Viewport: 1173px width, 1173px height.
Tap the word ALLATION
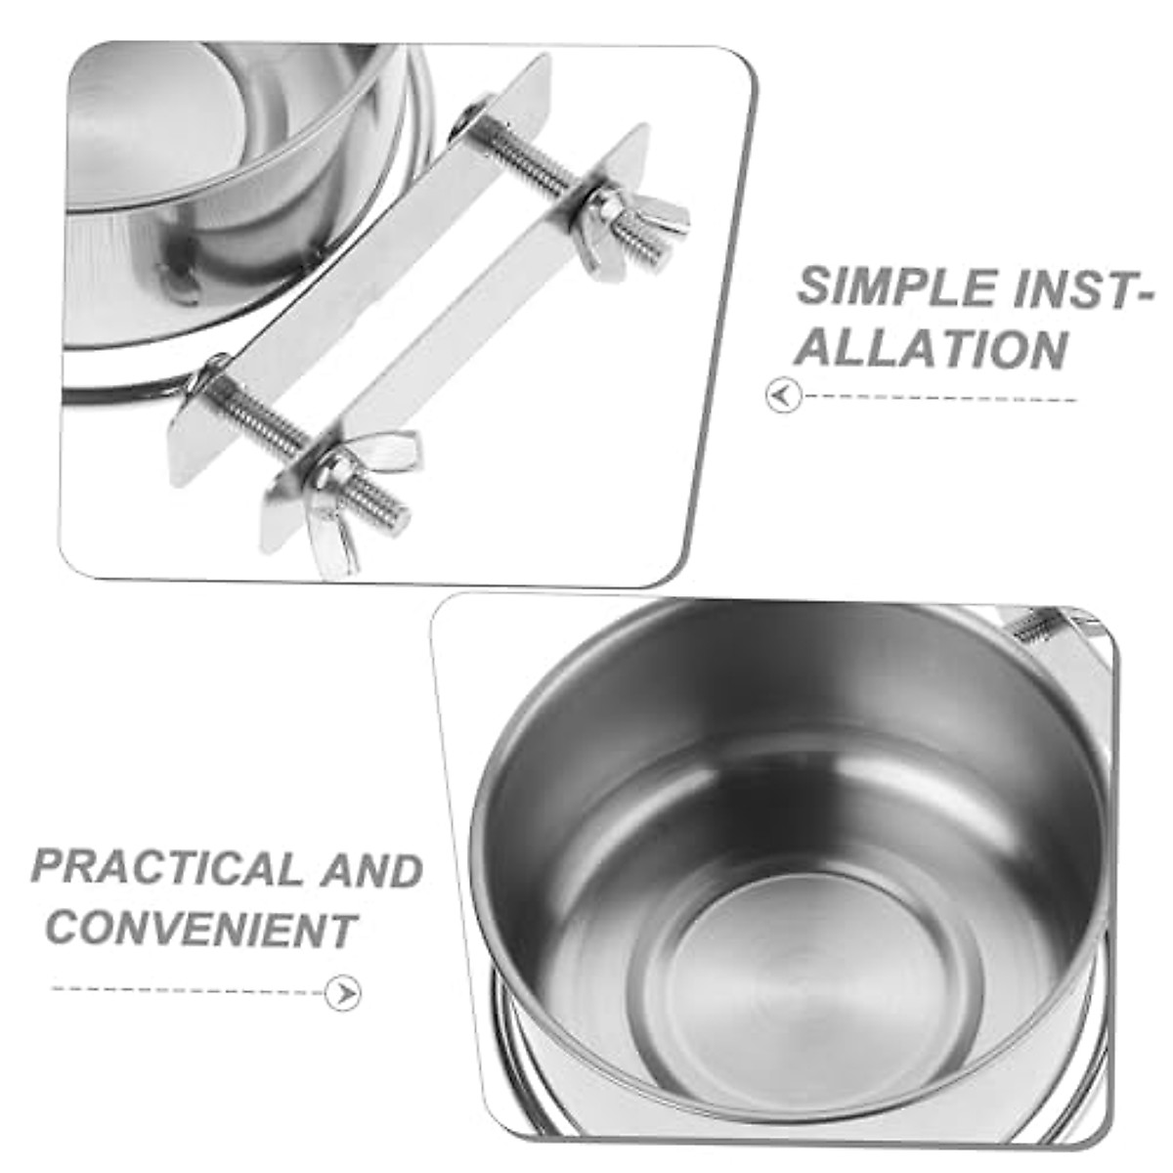[930, 349]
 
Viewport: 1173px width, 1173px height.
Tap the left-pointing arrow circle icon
[783, 397]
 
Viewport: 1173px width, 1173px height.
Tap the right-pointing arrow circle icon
[342, 993]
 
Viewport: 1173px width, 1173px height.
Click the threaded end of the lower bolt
[386, 507]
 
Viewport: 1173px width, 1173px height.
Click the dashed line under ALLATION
[938, 398]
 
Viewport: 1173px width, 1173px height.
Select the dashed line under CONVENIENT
[186, 989]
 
